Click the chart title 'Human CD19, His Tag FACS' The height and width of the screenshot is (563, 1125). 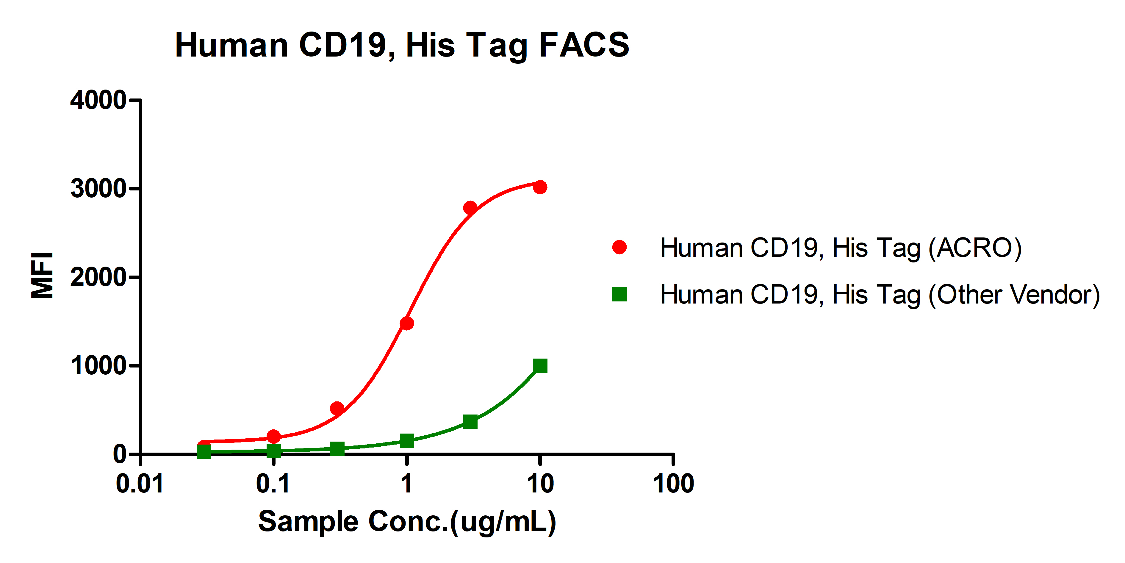pos(402,45)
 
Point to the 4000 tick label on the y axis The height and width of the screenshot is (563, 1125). pos(98,101)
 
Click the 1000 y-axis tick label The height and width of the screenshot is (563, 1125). pos(98,366)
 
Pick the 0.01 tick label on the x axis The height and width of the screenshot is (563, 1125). pos(140,484)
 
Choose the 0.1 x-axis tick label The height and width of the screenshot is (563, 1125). pos(273,484)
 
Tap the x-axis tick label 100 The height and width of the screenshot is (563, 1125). pos(673,484)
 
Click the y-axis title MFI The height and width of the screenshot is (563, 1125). pos(42,276)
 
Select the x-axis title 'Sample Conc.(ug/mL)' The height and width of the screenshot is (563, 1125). pos(407,522)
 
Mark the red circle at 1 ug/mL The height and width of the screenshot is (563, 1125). pos(407,323)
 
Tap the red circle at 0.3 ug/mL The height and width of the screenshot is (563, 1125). pos(337,408)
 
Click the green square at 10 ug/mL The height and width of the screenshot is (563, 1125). pos(540,366)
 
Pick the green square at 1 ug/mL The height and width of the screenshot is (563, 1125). pos(407,441)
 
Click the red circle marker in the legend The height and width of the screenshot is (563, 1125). pos(619,247)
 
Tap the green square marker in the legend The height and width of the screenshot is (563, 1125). pos(619,294)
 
